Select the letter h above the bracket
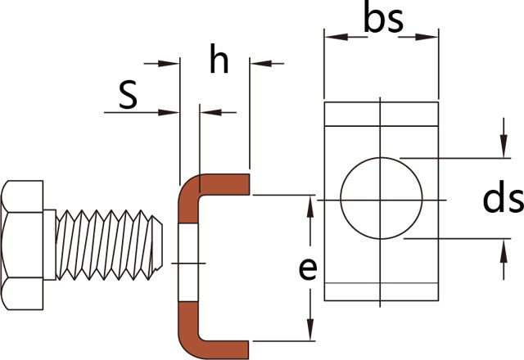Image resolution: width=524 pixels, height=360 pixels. coord(218,62)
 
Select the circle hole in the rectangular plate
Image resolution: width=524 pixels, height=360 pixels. coord(382,197)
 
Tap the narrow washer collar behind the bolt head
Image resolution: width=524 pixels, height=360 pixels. coord(49,245)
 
